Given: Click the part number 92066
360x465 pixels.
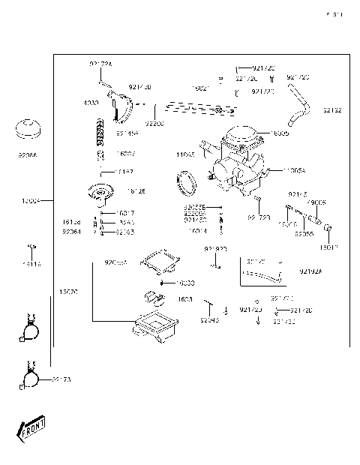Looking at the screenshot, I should [27, 156].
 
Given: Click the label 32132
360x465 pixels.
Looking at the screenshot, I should [332, 110].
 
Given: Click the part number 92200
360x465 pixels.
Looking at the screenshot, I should [154, 122].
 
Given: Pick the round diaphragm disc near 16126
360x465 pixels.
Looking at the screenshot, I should [100, 193].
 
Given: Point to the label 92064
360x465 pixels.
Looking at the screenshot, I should [72, 232].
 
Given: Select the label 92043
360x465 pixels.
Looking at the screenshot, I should [188, 320].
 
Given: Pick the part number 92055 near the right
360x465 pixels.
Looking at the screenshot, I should [304, 234].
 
